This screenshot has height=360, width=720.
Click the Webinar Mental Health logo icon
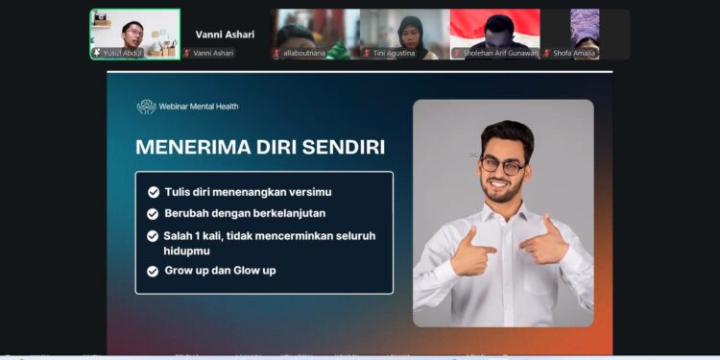pos(146,107)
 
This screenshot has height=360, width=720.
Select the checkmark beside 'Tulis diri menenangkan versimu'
pos(154,192)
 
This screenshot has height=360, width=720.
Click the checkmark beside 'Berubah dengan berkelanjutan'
pos(154,214)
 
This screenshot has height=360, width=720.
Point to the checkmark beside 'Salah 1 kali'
pos(154,236)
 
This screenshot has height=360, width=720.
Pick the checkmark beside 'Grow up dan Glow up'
pos(154,272)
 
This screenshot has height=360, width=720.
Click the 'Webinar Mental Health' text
pos(200,107)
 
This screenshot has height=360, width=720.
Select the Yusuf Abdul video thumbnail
pos(135,34)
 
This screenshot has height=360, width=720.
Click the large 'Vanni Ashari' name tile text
pos(225,34)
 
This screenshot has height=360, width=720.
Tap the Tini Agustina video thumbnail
pos(404,34)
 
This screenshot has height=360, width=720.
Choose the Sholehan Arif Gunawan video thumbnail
pos(494,34)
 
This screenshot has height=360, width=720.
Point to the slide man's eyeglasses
pos(502,165)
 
